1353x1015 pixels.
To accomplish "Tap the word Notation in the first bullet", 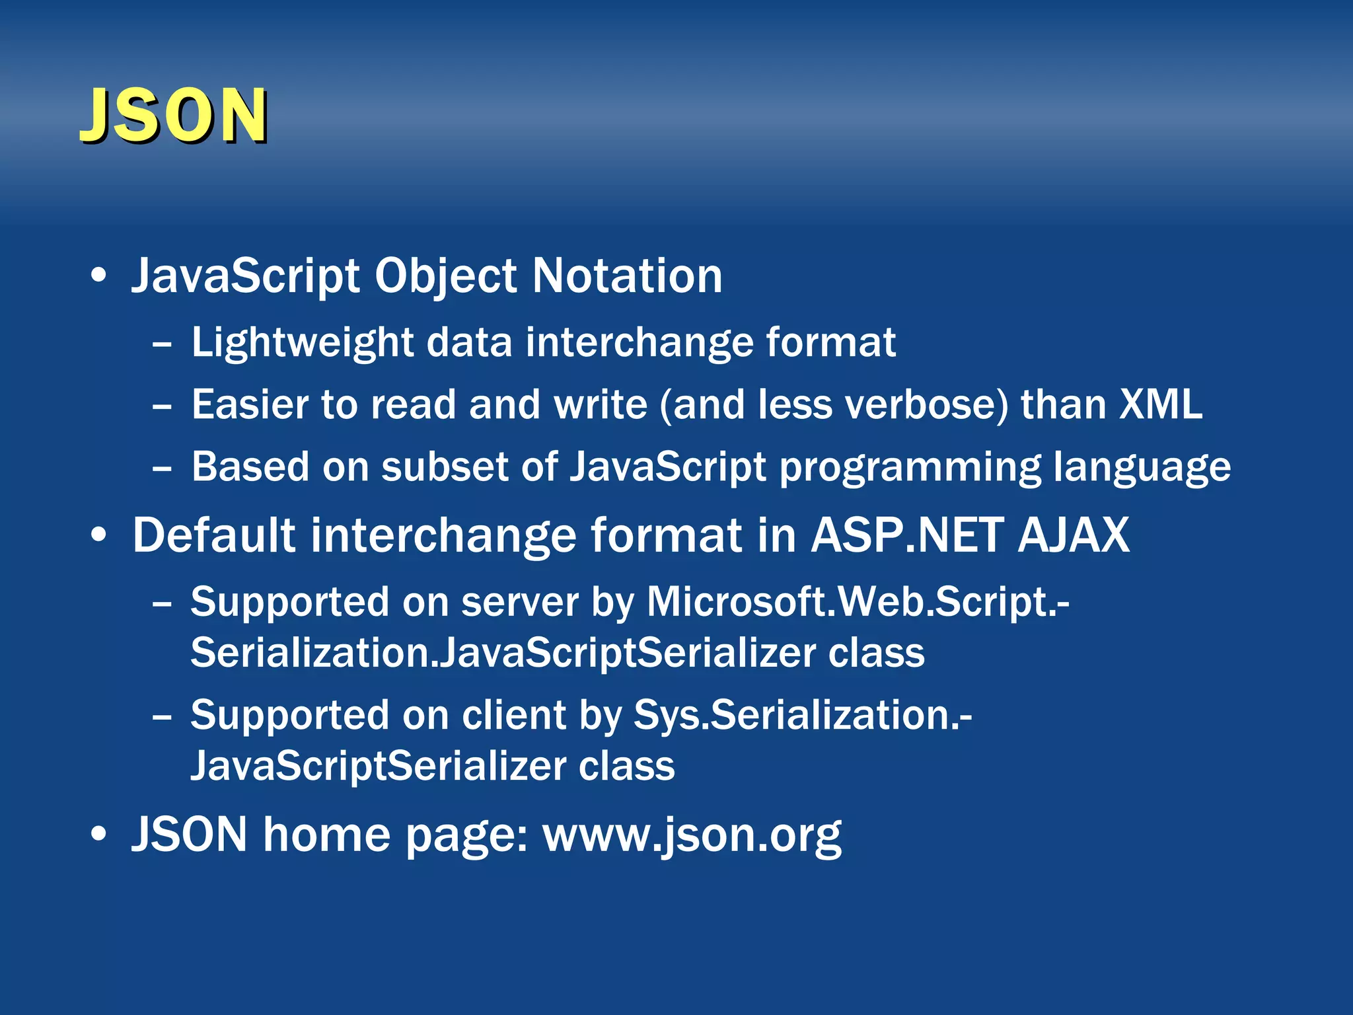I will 627,276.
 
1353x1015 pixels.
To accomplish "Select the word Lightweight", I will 303,343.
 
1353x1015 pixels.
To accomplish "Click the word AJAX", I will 1074,535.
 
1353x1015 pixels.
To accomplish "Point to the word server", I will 519,602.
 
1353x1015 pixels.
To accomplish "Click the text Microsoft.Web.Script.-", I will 858,602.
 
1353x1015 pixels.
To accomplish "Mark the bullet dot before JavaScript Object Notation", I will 98,276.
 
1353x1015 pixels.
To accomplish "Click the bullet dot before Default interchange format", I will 98,536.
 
